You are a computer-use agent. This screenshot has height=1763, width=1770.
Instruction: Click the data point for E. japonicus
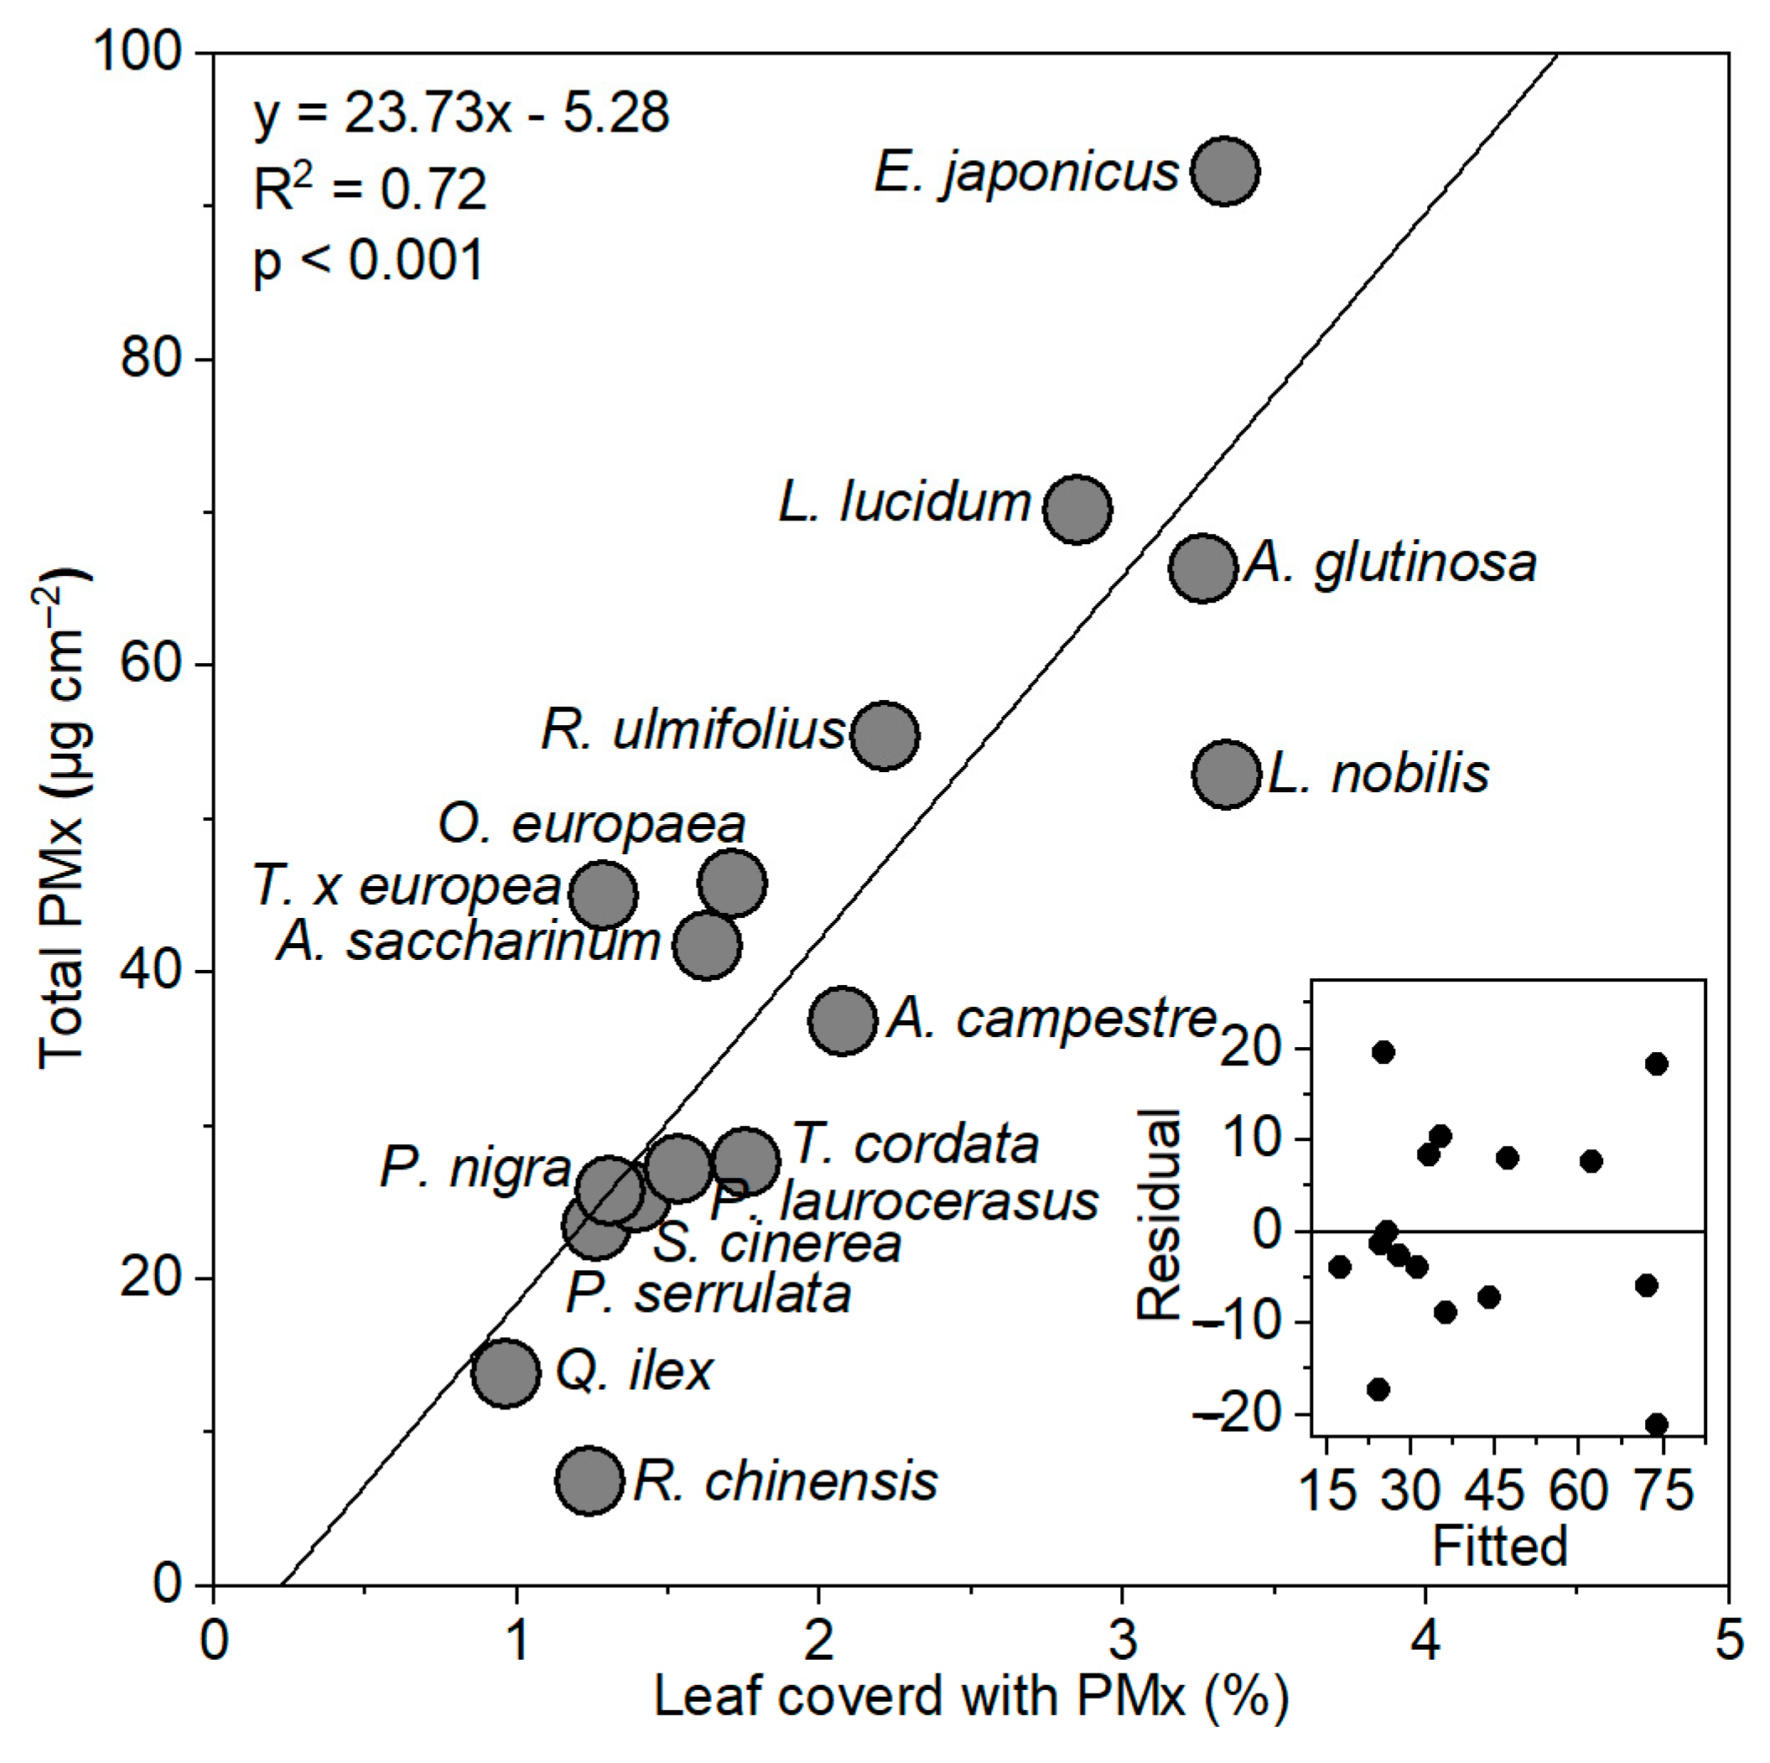[1225, 171]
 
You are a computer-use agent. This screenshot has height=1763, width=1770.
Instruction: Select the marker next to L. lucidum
[1077, 508]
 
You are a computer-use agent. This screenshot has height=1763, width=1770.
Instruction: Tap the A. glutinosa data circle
[1203, 568]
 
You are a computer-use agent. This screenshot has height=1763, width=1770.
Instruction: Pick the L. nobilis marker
[1227, 774]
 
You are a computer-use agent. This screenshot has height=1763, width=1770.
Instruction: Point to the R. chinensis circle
[590, 1481]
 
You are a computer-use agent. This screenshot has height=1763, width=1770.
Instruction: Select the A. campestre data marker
[843, 1020]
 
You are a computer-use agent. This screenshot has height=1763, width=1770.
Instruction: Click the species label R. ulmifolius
[693, 731]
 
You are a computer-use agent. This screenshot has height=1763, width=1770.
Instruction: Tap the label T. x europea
[407, 887]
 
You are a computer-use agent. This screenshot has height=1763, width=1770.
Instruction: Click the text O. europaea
[592, 824]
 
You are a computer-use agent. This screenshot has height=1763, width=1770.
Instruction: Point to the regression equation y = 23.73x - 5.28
[461, 113]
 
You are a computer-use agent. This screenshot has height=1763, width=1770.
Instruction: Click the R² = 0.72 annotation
[369, 189]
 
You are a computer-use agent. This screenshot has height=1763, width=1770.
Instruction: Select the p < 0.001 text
[367, 261]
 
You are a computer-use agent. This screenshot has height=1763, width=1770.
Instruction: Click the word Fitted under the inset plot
[1500, 1546]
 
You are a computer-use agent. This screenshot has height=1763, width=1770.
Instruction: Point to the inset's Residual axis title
[1159, 1215]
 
